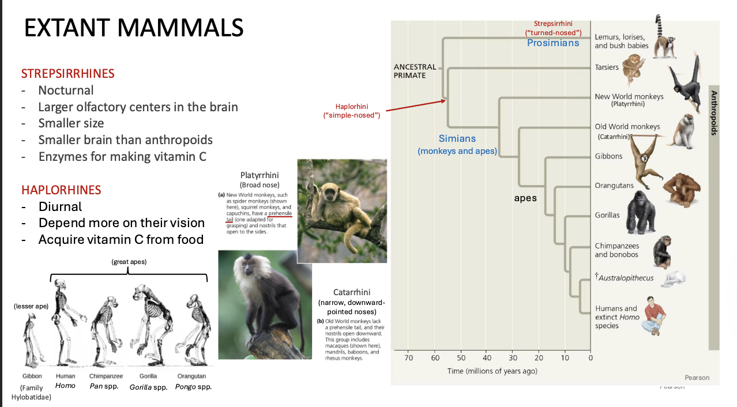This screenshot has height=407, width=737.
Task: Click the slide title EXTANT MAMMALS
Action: pyautogui.click(x=134, y=28)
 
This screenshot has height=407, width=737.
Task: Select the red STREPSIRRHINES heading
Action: pyautogui.click(x=67, y=73)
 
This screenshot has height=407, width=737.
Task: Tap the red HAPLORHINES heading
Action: pyautogui.click(x=61, y=190)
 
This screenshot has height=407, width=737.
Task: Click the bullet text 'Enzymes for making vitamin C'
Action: pyautogui.click(x=122, y=156)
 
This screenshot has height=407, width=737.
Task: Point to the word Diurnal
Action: pyautogui.click(x=60, y=206)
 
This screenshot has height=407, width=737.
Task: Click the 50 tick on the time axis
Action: pyautogui.click(x=462, y=358)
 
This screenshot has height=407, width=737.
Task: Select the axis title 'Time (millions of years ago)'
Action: pyautogui.click(x=492, y=371)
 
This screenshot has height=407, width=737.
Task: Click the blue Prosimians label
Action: pyautogui.click(x=552, y=43)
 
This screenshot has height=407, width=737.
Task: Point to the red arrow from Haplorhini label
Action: pyautogui.click(x=415, y=105)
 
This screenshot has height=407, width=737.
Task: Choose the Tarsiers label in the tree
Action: pyautogui.click(x=607, y=67)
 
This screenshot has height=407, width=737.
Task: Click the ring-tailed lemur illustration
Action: pyautogui.click(x=666, y=37)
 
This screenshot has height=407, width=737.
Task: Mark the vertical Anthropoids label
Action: pyautogui.click(x=713, y=113)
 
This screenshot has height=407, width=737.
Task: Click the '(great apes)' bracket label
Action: pyautogui.click(x=129, y=262)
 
